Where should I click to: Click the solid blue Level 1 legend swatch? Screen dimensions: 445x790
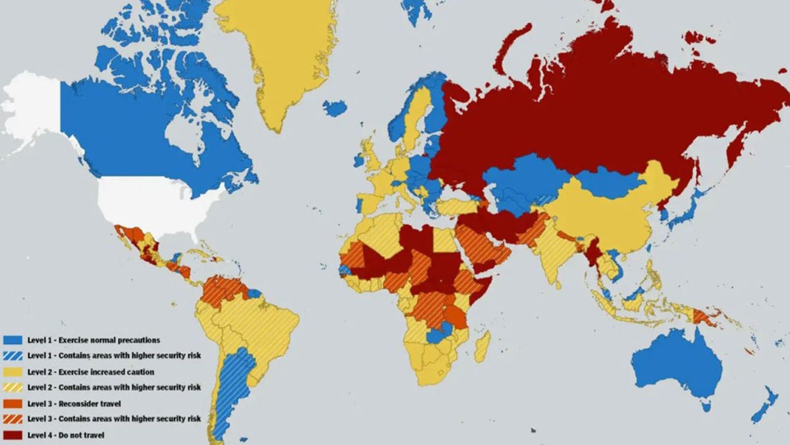tap(13, 340)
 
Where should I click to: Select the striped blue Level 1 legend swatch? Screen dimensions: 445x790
tap(13, 356)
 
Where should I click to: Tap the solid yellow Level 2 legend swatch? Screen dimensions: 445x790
tap(13, 372)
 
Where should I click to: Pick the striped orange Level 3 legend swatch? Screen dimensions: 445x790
tap(13, 419)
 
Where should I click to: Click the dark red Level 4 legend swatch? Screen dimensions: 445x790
tap(13, 435)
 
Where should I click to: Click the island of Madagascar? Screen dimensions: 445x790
tap(483, 346)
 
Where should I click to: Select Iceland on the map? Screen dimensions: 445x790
tap(334, 107)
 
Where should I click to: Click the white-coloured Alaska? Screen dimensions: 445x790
tap(33, 109)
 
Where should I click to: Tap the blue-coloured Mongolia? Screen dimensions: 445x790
tap(609, 182)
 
